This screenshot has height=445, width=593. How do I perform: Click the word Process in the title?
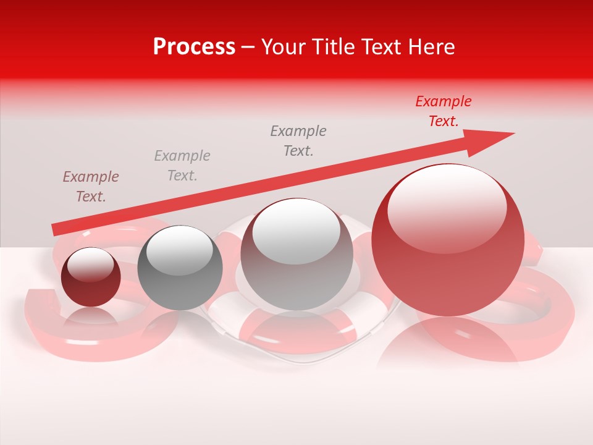coord(194,47)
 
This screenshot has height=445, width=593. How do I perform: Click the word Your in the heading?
coord(284,47)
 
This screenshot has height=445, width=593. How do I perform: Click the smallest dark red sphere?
coord(91,278)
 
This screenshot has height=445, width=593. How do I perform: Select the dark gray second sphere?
coord(180,268)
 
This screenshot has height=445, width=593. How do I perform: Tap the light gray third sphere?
coord(296,255)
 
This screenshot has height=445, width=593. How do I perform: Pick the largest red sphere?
coord(448,241)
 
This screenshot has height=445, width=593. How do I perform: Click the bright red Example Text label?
coord(444,111)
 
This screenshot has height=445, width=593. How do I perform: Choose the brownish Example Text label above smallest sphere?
coord(91,187)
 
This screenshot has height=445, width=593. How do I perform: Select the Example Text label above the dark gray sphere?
coord(182,166)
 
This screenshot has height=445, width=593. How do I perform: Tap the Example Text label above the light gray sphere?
coord(298,141)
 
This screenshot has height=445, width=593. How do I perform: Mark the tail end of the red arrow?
coord(54,230)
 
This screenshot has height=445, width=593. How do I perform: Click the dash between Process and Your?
coord(248,48)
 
